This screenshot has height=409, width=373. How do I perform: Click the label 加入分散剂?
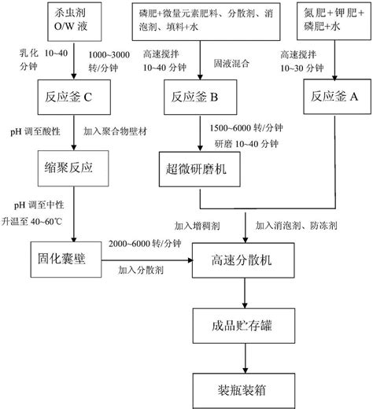[x=141, y=271]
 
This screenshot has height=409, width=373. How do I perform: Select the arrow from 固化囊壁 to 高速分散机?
[x=149, y=258]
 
